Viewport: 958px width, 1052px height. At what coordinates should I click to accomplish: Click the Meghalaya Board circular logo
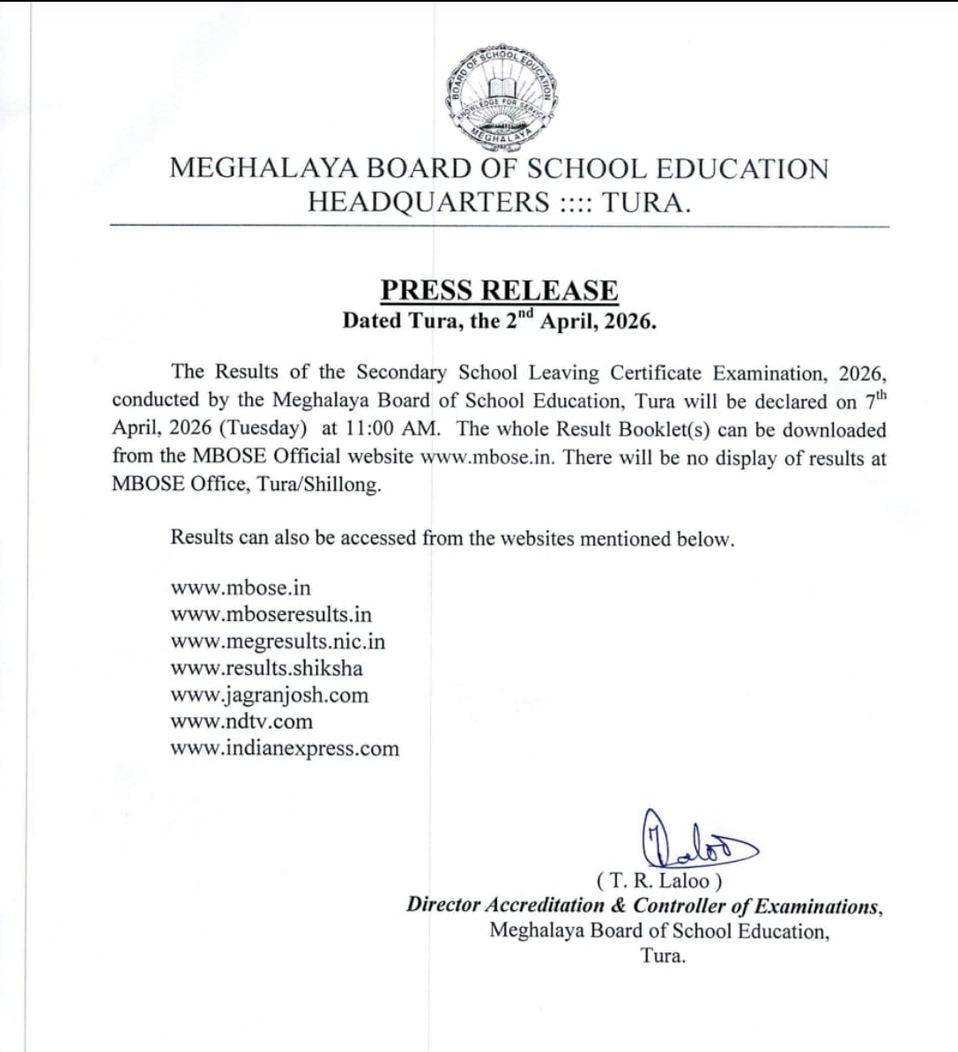click(x=501, y=98)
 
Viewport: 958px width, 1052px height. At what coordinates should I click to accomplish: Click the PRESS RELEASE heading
click(x=499, y=291)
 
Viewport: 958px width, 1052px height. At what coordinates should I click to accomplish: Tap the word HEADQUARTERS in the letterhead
click(x=428, y=203)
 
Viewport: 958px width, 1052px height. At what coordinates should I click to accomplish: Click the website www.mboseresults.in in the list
click(x=271, y=614)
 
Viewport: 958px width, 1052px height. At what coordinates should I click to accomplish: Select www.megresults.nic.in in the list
click(x=278, y=641)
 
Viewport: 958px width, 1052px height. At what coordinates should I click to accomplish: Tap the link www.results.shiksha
click(x=266, y=668)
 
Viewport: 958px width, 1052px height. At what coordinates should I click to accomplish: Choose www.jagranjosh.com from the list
click(x=269, y=695)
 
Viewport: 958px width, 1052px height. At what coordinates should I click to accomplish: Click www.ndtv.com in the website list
click(x=241, y=722)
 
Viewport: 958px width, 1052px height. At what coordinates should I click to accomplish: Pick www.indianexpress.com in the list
click(x=285, y=749)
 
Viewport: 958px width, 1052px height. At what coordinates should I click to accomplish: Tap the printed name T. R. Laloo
click(x=658, y=879)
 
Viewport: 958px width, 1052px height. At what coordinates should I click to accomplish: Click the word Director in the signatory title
click(x=442, y=905)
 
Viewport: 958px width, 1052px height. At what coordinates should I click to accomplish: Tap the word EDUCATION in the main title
click(x=739, y=168)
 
